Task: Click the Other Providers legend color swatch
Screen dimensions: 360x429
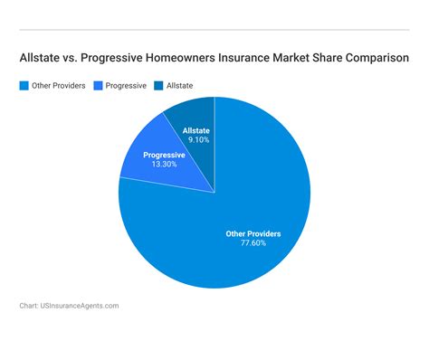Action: point(24,86)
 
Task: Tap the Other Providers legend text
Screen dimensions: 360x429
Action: point(59,86)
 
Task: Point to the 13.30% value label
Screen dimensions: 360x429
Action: point(165,165)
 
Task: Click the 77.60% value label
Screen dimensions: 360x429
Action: point(253,244)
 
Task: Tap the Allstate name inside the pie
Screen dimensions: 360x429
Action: point(196,130)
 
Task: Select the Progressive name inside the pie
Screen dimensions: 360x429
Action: point(165,155)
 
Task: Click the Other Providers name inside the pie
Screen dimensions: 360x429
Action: point(253,233)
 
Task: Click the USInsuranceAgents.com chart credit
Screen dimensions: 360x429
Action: point(69,306)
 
